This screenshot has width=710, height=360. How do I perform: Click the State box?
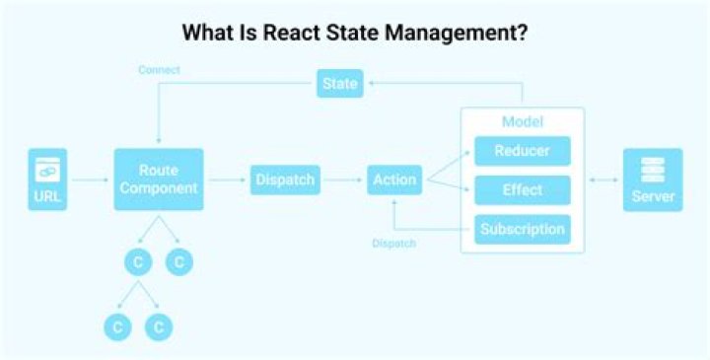click(x=339, y=83)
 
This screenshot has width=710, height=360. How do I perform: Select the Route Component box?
click(x=159, y=180)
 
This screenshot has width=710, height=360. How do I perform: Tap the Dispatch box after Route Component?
click(x=285, y=180)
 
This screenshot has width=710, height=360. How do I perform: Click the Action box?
click(x=394, y=180)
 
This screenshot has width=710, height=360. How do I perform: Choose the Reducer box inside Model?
click(x=523, y=151)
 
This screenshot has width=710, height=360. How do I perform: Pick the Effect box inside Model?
click(x=523, y=189)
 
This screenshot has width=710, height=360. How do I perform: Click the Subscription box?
click(x=523, y=230)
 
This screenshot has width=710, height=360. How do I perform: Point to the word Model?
click(x=523, y=121)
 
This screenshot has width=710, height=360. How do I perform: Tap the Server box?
click(x=653, y=180)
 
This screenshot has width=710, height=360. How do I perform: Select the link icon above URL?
click(x=48, y=170)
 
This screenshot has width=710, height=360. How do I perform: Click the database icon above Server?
click(x=653, y=169)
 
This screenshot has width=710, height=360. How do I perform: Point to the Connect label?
click(x=159, y=70)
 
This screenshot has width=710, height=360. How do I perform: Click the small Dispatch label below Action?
click(x=393, y=243)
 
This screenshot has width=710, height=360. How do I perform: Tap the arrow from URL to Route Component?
click(x=91, y=180)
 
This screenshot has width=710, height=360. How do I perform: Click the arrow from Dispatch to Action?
click(x=344, y=180)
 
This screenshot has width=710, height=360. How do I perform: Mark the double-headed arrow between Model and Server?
click(x=603, y=180)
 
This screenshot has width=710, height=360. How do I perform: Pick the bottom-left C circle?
click(x=117, y=325)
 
